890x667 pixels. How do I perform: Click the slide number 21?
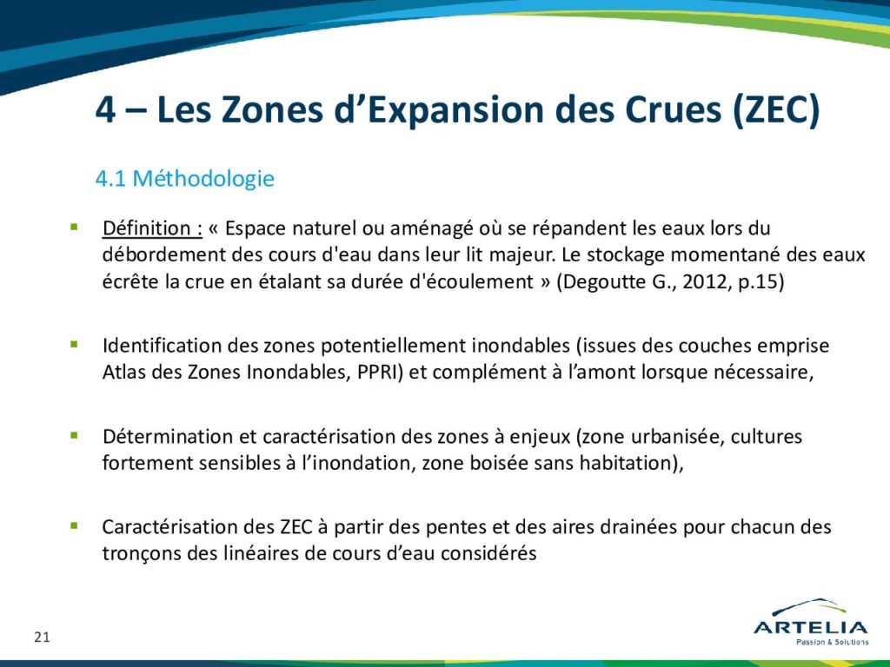tap(42, 637)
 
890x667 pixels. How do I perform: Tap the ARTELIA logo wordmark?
tap(811, 627)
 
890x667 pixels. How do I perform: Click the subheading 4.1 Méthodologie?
tap(185, 179)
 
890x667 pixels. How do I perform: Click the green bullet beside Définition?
tap(74, 227)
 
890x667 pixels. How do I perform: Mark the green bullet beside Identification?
tap(74, 344)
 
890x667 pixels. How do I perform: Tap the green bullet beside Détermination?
tap(74, 436)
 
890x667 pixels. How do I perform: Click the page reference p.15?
tap(760, 282)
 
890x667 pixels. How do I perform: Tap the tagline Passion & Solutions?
tap(832, 642)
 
